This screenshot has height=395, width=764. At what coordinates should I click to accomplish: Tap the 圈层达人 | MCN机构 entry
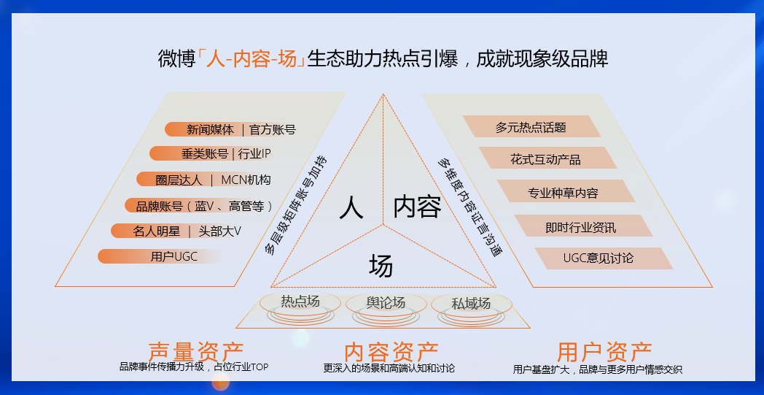[212, 180]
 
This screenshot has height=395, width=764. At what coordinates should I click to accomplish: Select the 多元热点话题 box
[531, 127]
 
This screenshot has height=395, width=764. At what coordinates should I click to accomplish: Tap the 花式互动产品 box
[546, 158]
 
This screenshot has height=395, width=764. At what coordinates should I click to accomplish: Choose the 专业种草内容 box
[563, 193]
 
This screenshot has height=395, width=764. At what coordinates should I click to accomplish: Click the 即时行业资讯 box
[580, 226]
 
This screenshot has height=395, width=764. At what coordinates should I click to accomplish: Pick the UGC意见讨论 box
[599, 258]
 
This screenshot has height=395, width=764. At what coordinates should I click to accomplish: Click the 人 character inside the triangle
[351, 207]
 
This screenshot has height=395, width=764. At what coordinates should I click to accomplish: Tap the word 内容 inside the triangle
[417, 207]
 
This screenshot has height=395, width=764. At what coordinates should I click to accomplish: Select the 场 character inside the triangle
[381, 266]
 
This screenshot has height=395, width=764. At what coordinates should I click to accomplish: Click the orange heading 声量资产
[195, 351]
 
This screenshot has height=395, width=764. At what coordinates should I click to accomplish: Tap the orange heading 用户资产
[604, 351]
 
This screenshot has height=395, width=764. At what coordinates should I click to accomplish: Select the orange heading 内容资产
[391, 351]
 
